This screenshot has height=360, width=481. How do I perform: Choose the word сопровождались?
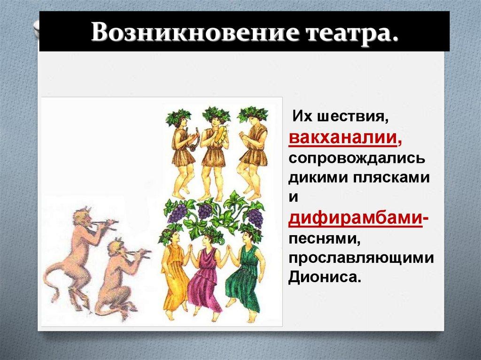pyautogui.click(x=357, y=158)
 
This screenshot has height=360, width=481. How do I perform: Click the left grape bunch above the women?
pyautogui.click(x=177, y=214)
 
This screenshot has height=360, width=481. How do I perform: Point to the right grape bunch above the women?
pyautogui.click(x=256, y=217)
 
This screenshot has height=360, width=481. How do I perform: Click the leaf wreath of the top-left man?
pyautogui.click(x=178, y=115)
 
